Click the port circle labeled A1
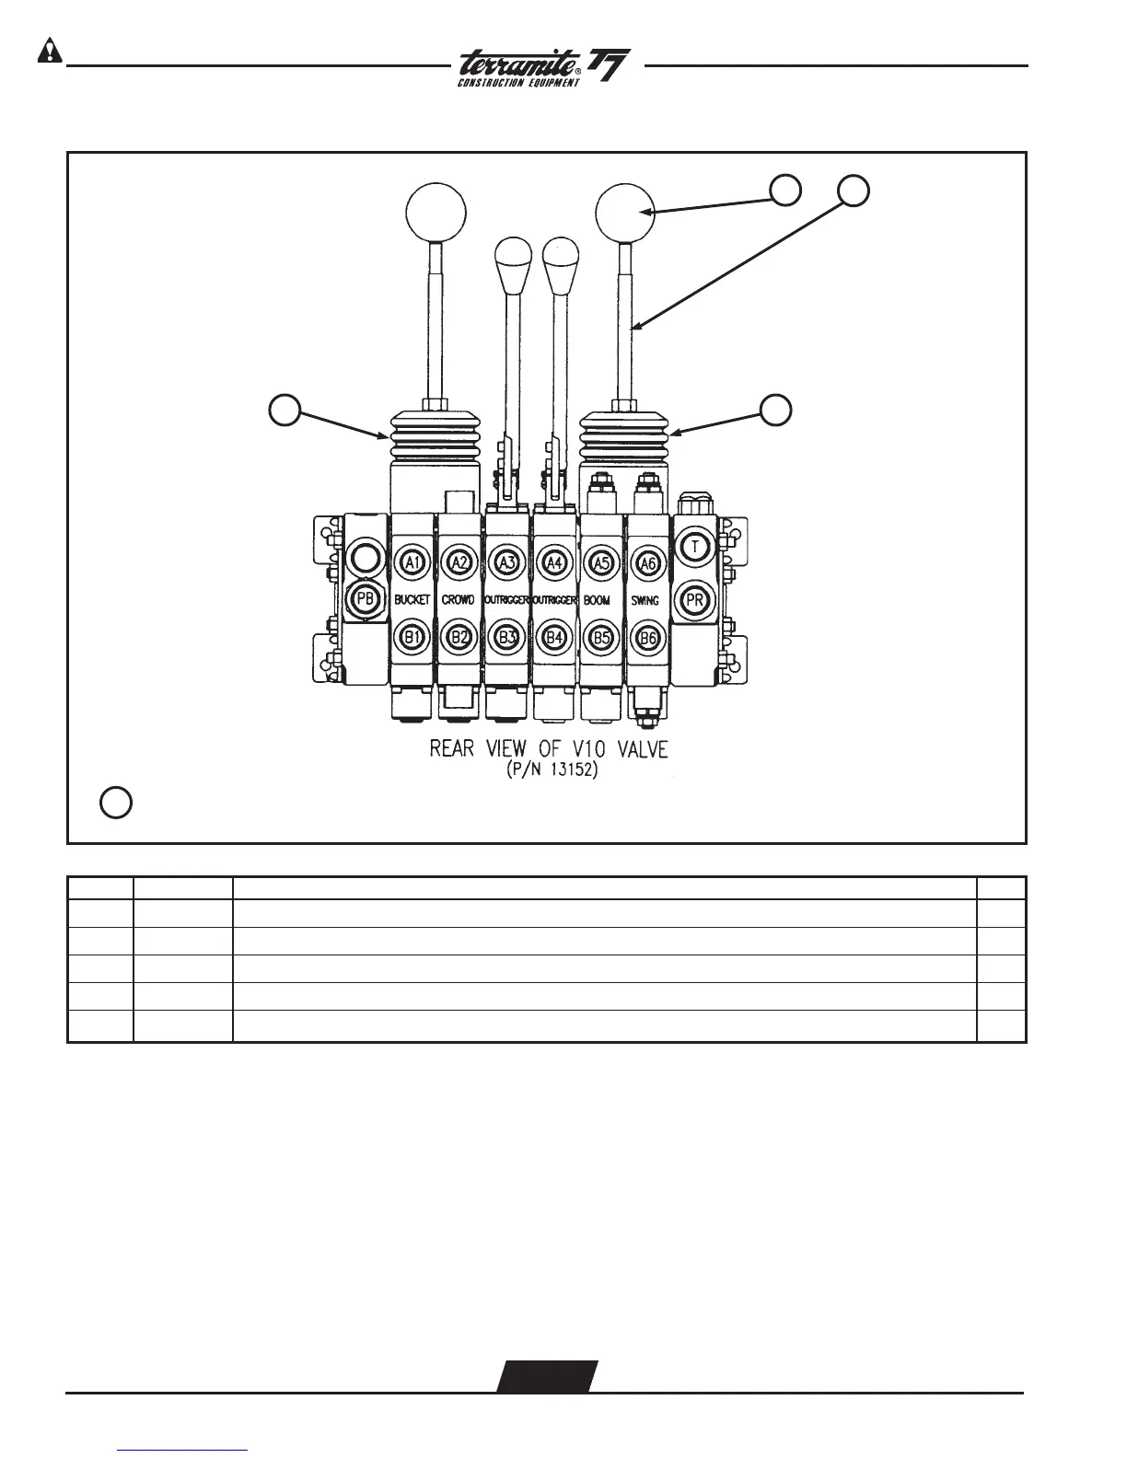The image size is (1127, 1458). [x=412, y=562]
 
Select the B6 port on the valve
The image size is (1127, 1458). [x=647, y=636]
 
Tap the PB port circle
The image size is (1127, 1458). [x=366, y=600]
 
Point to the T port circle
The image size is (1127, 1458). [x=697, y=547]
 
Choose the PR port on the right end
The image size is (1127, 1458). [x=696, y=600]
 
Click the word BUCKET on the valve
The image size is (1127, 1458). [x=412, y=600]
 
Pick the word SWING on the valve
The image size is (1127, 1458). [x=645, y=600]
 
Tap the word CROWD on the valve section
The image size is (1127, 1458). [x=459, y=600]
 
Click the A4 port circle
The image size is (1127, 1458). [x=553, y=562]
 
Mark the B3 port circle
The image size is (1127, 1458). [x=505, y=636]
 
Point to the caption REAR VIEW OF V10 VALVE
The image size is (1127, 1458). [x=549, y=749]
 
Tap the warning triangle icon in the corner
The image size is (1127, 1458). [x=48, y=52]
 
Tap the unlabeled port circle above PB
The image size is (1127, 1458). [x=365, y=558]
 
